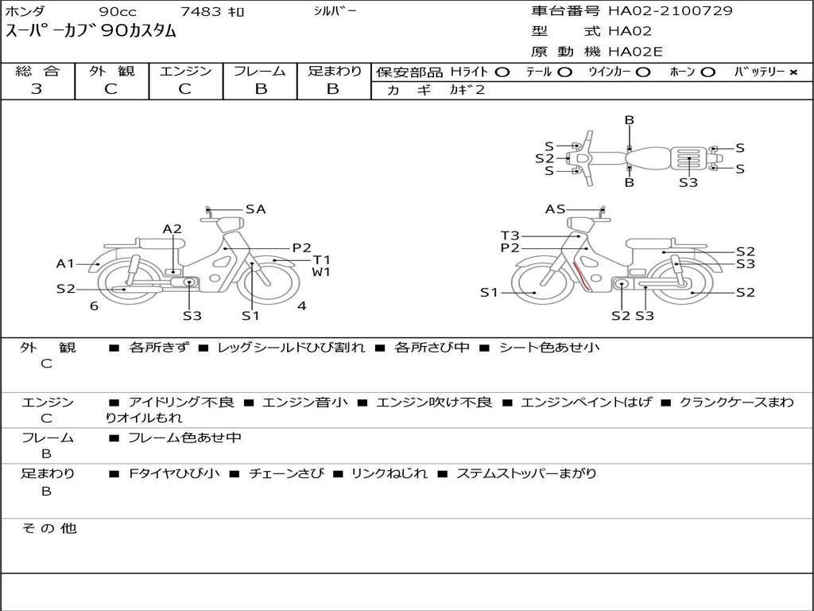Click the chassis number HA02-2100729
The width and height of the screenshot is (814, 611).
click(x=670, y=11)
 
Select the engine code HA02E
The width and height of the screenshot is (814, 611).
click(x=635, y=52)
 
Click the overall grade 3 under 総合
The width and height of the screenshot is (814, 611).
click(x=37, y=89)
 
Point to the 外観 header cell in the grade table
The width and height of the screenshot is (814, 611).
click(x=111, y=71)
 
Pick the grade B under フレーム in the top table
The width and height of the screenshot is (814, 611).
click(x=261, y=89)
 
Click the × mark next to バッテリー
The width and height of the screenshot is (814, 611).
click(x=793, y=72)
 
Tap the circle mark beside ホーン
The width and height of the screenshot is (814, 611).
click(x=707, y=72)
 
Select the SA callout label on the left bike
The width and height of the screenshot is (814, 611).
click(x=255, y=209)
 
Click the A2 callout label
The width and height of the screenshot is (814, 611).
click(x=172, y=229)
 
